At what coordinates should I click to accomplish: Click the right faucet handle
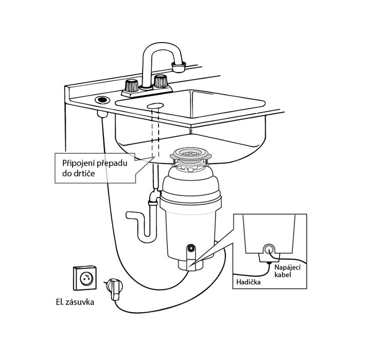click(161, 81)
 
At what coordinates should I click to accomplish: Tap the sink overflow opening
click(154, 105)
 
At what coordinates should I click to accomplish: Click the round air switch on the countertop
click(101, 98)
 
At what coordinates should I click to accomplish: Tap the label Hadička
click(250, 282)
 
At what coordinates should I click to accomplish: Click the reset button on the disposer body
click(190, 250)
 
